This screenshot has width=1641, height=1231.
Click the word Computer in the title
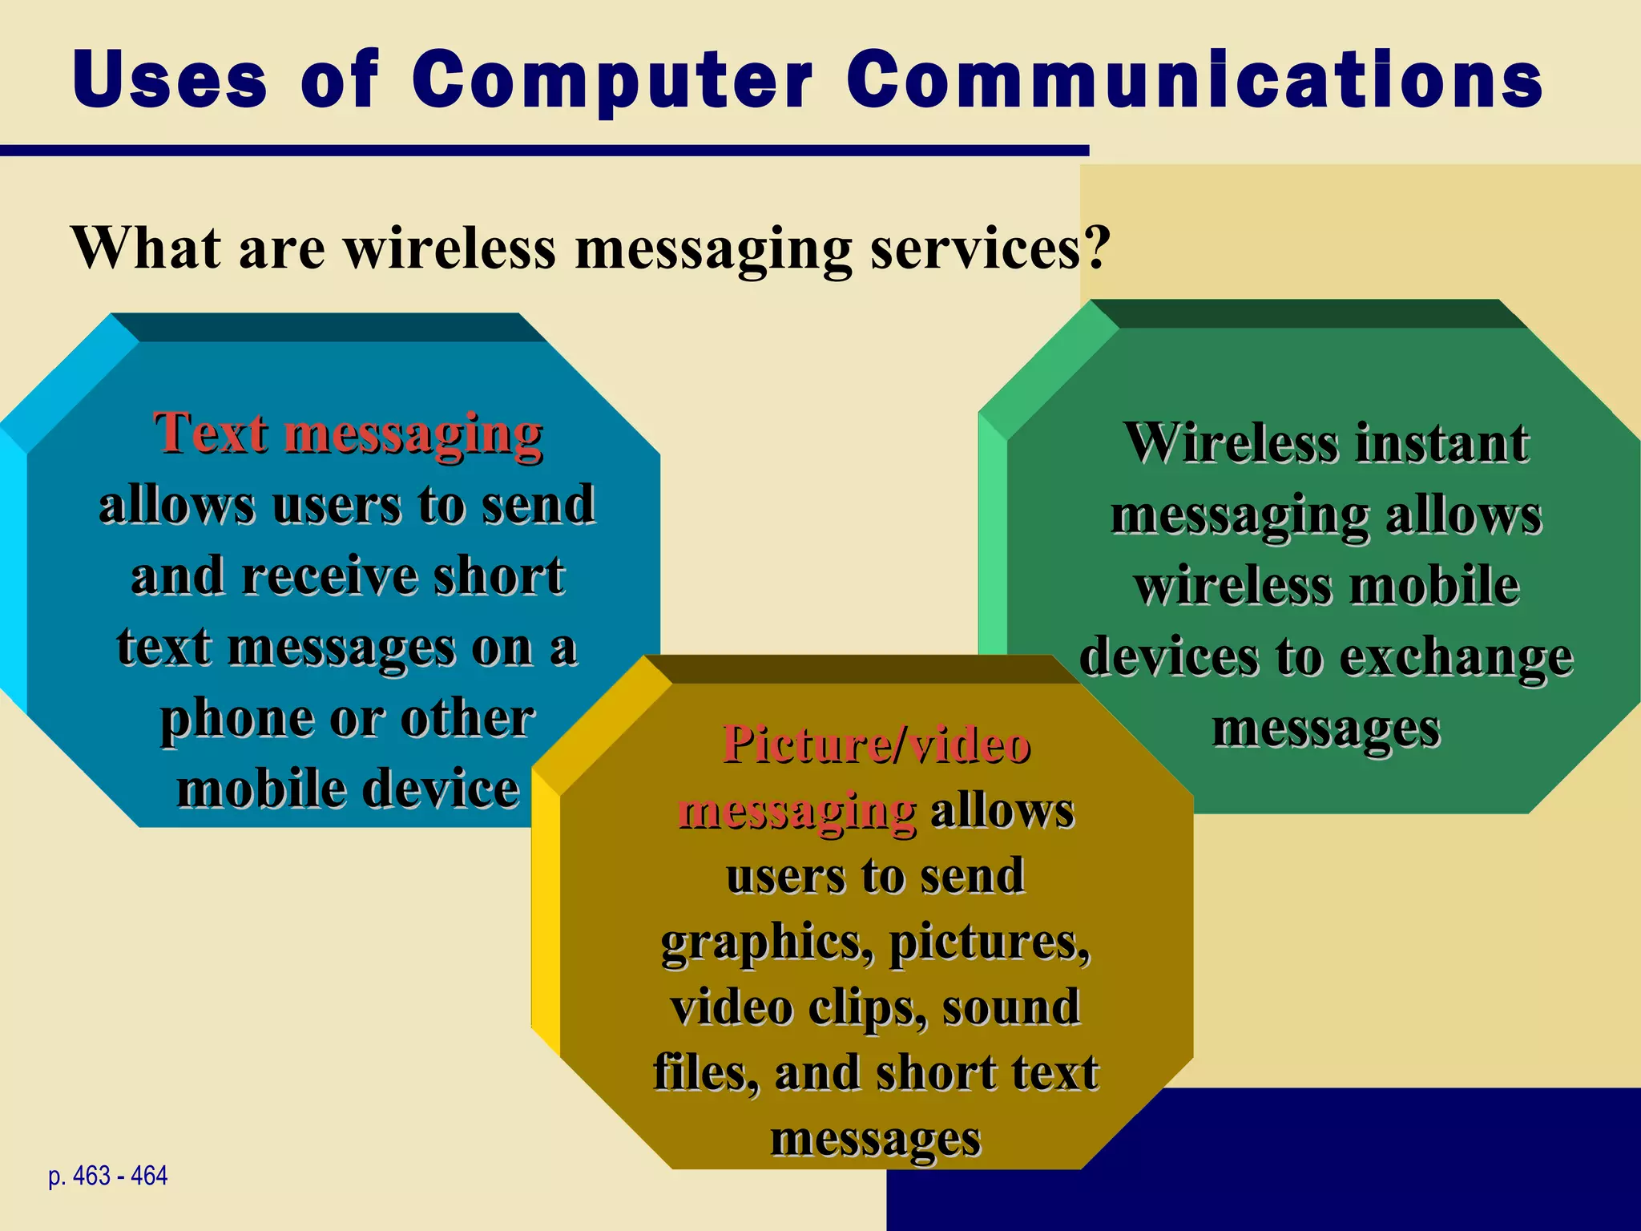(x=612, y=80)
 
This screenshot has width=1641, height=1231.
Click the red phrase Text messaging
(x=348, y=434)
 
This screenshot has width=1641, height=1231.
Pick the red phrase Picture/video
(x=876, y=745)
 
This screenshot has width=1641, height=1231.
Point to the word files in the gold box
(x=705, y=1073)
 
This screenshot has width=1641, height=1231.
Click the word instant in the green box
(x=1441, y=443)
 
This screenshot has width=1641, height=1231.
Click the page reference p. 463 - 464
(x=107, y=1177)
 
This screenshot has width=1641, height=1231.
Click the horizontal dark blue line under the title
(x=545, y=151)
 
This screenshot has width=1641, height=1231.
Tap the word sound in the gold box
(x=1010, y=1007)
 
